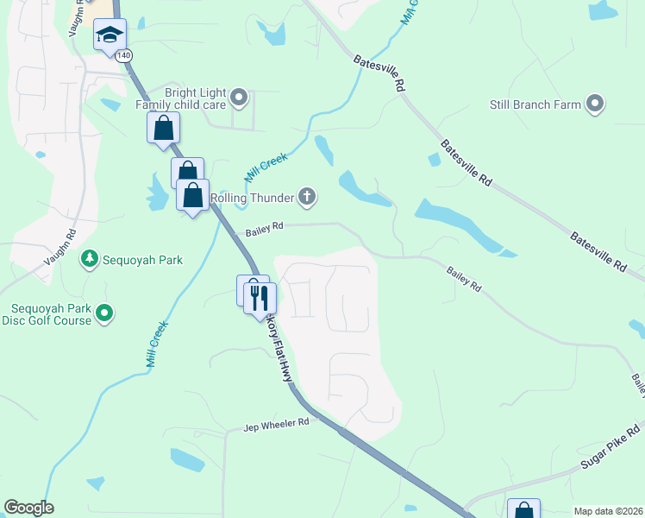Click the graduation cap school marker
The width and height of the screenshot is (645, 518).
(x=110, y=35)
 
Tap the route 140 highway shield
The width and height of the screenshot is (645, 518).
(x=126, y=55)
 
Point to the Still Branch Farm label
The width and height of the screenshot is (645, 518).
(x=531, y=104)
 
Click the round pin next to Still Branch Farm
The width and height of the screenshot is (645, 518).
(x=595, y=104)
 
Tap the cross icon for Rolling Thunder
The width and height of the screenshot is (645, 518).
(x=307, y=198)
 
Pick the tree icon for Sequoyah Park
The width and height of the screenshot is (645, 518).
(x=87, y=258)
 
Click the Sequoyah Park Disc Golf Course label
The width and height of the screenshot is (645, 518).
(x=51, y=314)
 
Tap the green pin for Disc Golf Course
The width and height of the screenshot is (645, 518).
(x=105, y=313)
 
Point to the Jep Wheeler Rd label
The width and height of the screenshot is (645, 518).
(x=276, y=425)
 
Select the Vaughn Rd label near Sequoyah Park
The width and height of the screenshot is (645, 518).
(x=61, y=246)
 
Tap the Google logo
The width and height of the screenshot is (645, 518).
(x=28, y=508)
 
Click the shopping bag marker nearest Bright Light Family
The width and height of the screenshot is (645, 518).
(x=163, y=129)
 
